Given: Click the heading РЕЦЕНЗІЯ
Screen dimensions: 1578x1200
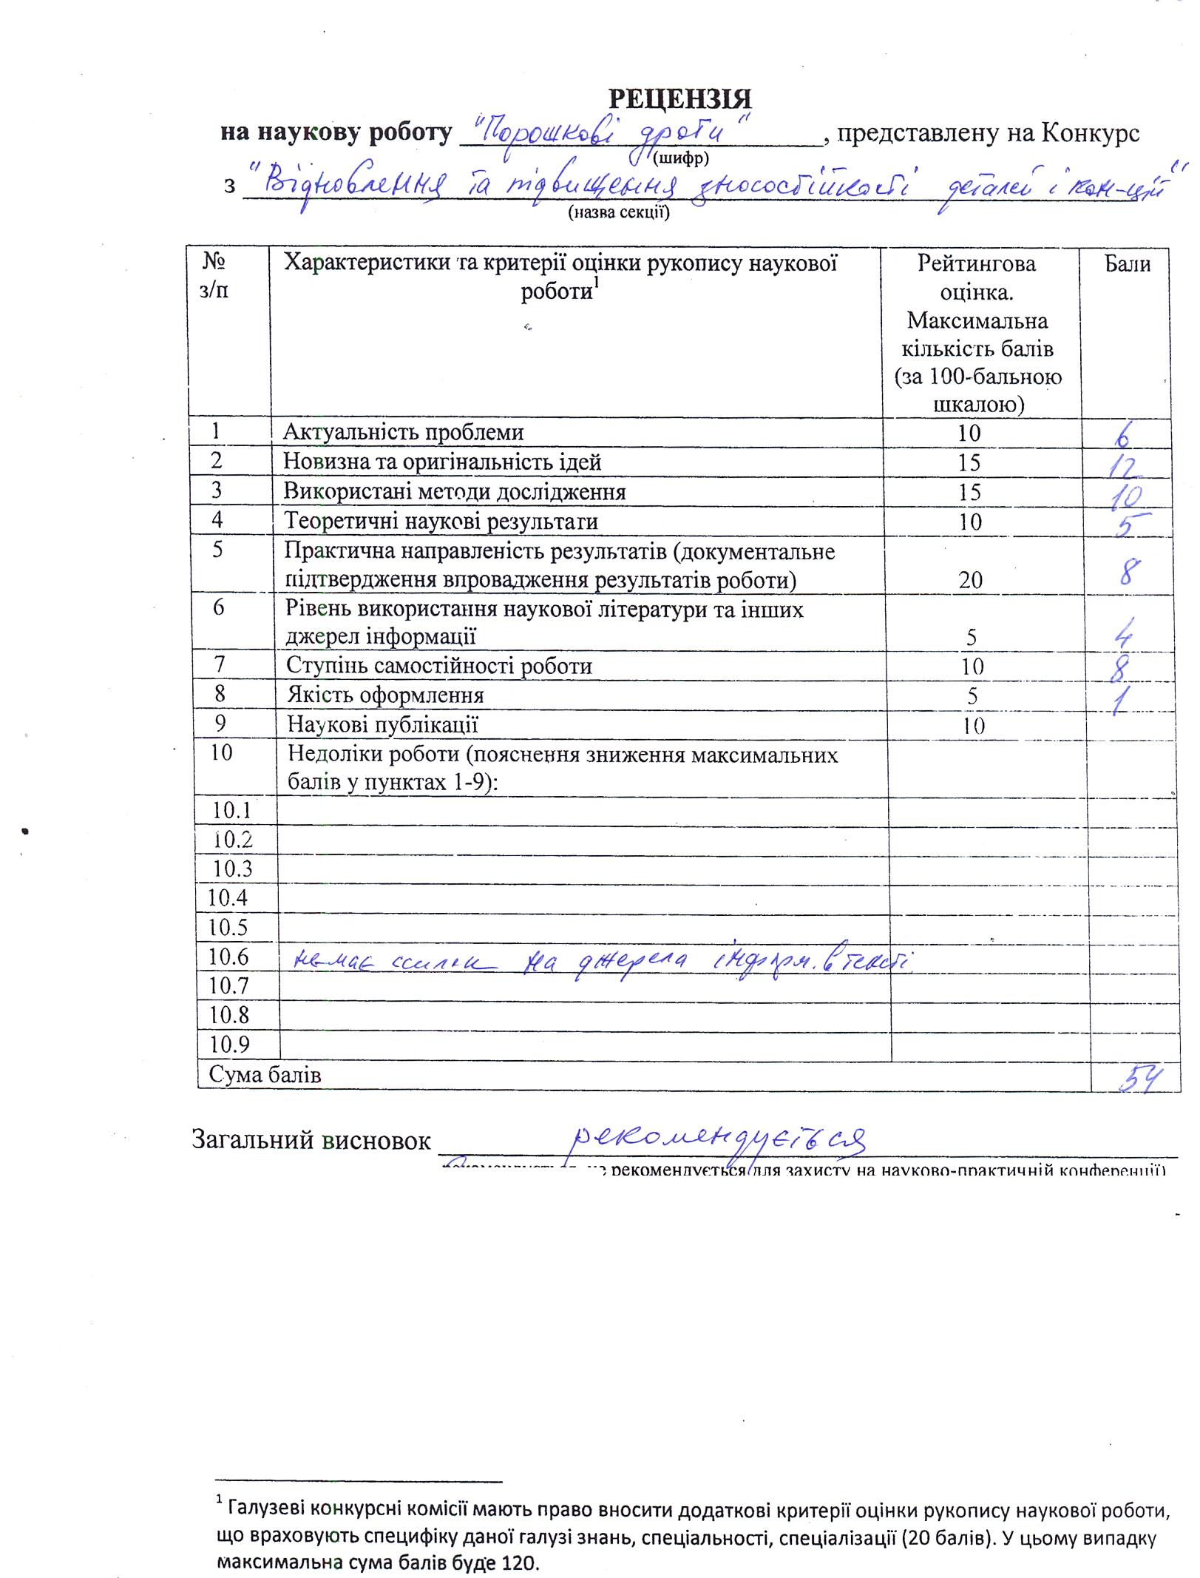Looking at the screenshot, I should (679, 98).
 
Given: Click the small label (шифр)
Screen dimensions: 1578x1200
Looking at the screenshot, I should (681, 158).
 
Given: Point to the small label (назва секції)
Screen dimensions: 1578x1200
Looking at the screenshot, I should (618, 213).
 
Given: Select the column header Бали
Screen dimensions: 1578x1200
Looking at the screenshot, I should (1127, 263).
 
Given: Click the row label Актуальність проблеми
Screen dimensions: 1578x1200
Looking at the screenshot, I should (404, 432).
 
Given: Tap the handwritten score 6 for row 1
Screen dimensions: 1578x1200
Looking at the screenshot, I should (1122, 436).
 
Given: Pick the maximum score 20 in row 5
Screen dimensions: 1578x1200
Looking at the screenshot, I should (971, 579).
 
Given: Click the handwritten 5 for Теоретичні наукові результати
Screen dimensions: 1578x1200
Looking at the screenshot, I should (1125, 525).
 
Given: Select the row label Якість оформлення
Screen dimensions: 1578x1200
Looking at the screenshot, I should (385, 695).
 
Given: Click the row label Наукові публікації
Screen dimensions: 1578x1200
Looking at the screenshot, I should (382, 724).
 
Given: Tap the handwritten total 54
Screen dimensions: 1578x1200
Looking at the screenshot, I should (1136, 1079).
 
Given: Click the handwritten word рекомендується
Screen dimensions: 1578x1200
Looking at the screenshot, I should (719, 1143).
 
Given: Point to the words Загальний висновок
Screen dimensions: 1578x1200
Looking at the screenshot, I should (311, 1140).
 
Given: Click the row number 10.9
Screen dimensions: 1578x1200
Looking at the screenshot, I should (229, 1044).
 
